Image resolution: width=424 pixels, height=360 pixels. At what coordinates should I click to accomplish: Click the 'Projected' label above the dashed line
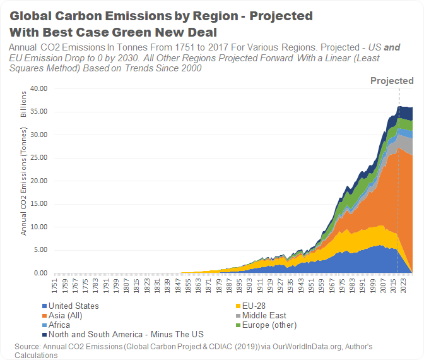[392, 81]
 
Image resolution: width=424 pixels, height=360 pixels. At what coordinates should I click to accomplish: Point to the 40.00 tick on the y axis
[39, 88]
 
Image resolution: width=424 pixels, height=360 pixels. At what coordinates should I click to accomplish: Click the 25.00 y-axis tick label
[39, 158]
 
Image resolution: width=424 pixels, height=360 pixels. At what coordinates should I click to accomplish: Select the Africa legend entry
[60, 325]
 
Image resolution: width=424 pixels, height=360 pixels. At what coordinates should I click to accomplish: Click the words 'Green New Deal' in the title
[154, 32]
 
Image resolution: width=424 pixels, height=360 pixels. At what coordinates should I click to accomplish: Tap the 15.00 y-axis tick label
[39, 204]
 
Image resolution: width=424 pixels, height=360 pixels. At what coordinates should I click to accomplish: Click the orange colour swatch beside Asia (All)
[44, 316]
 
